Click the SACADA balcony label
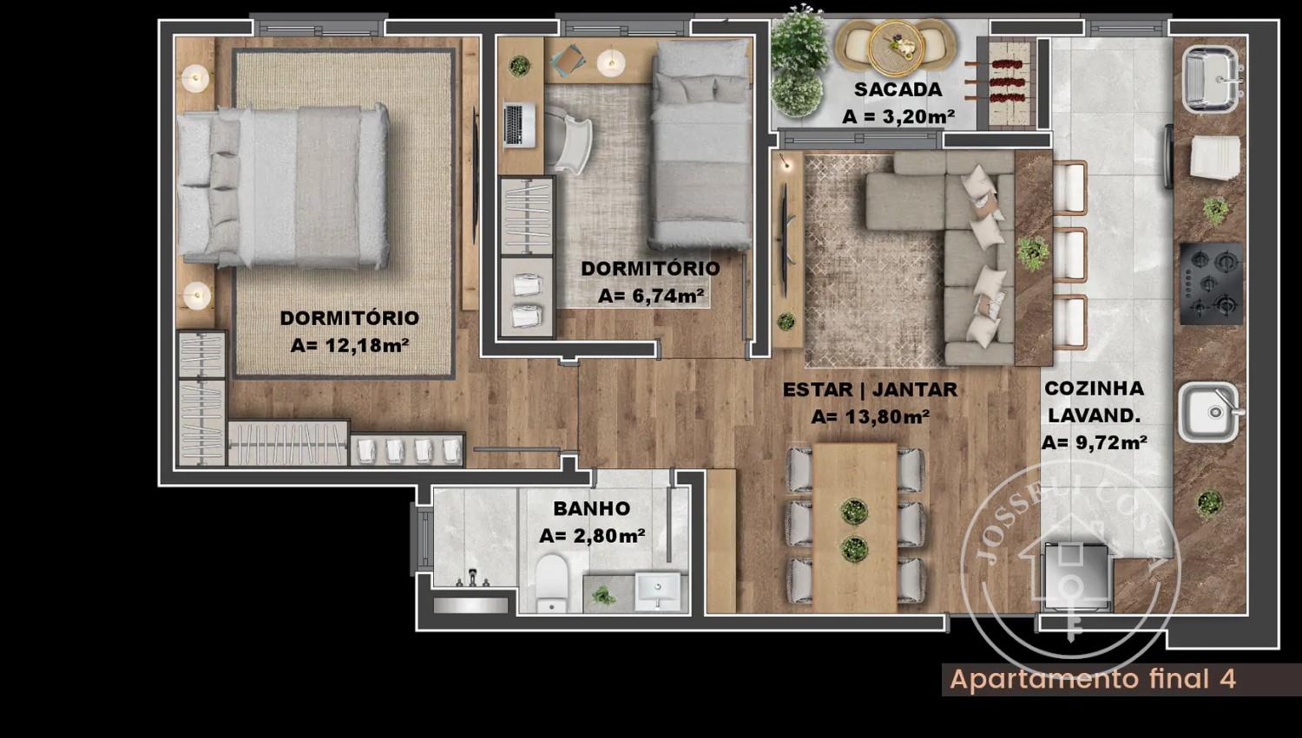[x=898, y=90]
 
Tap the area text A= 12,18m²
[x=350, y=345]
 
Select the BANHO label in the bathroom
[x=592, y=509]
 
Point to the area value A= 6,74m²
[x=652, y=296]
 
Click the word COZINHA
[x=1095, y=389]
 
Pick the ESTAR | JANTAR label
[x=870, y=389]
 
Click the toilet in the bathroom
[x=551, y=583]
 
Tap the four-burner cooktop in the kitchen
[x=1212, y=284]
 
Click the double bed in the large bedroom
[x=282, y=186]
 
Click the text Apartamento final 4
[x=1093, y=679]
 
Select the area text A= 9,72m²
[x=1094, y=443]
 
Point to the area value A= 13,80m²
[x=870, y=417]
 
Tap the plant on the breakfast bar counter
[x=1034, y=253]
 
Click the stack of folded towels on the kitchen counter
[x=1215, y=157]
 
